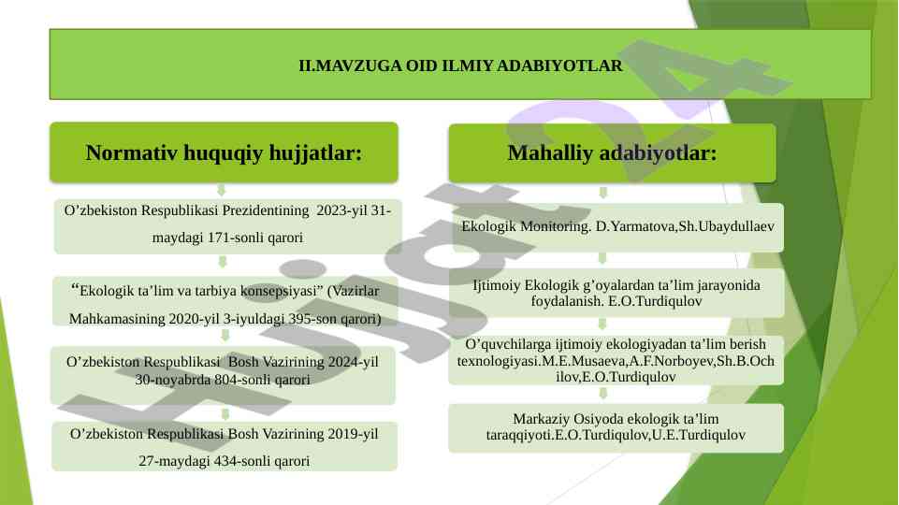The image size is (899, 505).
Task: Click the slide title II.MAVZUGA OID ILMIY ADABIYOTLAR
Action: coord(460,65)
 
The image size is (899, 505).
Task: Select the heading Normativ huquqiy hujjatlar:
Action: coord(225,153)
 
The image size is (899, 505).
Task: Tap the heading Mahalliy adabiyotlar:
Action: coord(613,153)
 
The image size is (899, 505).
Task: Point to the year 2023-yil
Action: coord(341,210)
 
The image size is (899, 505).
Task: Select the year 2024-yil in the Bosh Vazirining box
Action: coord(354,362)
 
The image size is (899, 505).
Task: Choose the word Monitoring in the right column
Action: coord(556,226)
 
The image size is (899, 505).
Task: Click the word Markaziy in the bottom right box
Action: coord(538,419)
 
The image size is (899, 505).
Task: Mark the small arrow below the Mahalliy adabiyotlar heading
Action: coord(602,193)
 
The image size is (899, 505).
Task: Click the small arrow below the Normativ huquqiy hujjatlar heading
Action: coord(222,190)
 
